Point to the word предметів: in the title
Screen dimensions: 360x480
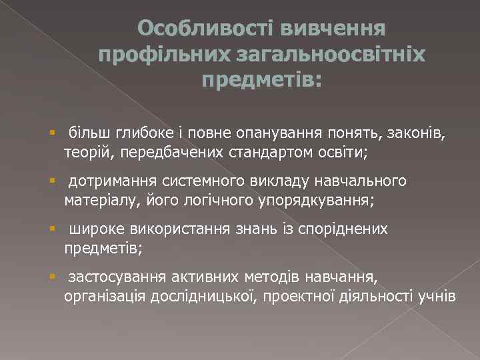[261, 80]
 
